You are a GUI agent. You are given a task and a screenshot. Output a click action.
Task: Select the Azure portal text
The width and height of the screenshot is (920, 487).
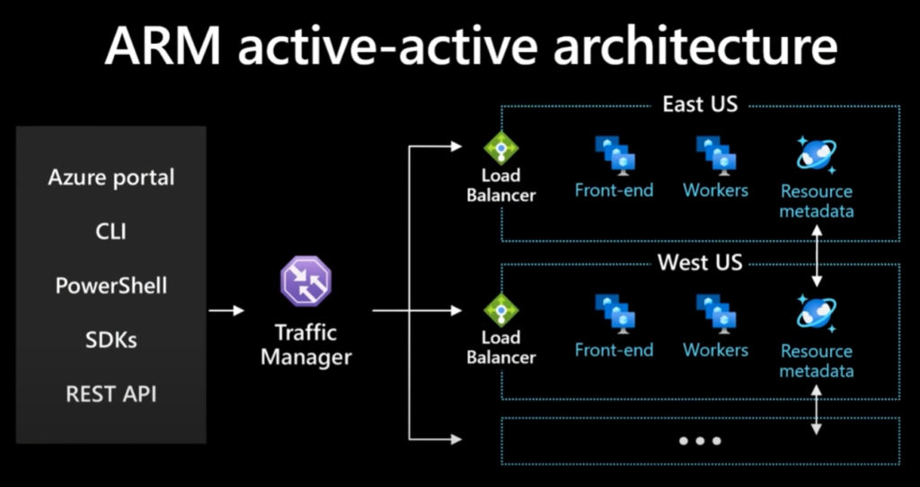point(111,177)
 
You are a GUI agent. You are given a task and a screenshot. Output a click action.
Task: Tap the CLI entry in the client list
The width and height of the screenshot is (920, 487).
point(111,232)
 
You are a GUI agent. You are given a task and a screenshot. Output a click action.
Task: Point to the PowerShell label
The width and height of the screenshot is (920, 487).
point(111,286)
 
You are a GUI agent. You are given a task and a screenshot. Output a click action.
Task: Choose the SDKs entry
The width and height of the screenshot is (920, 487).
point(111,340)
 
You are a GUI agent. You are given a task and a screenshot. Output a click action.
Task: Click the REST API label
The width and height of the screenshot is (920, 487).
point(111,394)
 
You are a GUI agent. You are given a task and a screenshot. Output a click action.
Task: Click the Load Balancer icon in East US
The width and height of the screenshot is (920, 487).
point(501,148)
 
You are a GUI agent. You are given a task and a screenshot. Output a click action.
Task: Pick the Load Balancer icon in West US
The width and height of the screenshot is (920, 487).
point(501,310)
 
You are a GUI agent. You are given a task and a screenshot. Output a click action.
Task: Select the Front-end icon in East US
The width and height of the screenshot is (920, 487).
point(615,154)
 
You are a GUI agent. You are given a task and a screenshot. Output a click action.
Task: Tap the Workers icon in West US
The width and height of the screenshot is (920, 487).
point(716,314)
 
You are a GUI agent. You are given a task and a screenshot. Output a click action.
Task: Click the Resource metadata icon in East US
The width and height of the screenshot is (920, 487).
point(817,155)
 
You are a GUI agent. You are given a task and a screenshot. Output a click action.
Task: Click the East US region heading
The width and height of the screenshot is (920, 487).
point(700,104)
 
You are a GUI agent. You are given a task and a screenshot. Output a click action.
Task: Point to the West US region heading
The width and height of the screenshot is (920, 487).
point(700,263)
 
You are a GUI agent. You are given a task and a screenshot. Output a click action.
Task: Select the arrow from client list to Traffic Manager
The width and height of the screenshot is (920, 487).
point(226,311)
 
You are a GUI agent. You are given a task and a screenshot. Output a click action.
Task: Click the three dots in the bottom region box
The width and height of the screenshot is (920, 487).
point(700,441)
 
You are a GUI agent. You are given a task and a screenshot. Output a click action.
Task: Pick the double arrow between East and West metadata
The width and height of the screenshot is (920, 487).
point(817,256)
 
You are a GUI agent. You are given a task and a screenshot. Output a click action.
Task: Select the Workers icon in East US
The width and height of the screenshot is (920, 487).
point(716,154)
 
